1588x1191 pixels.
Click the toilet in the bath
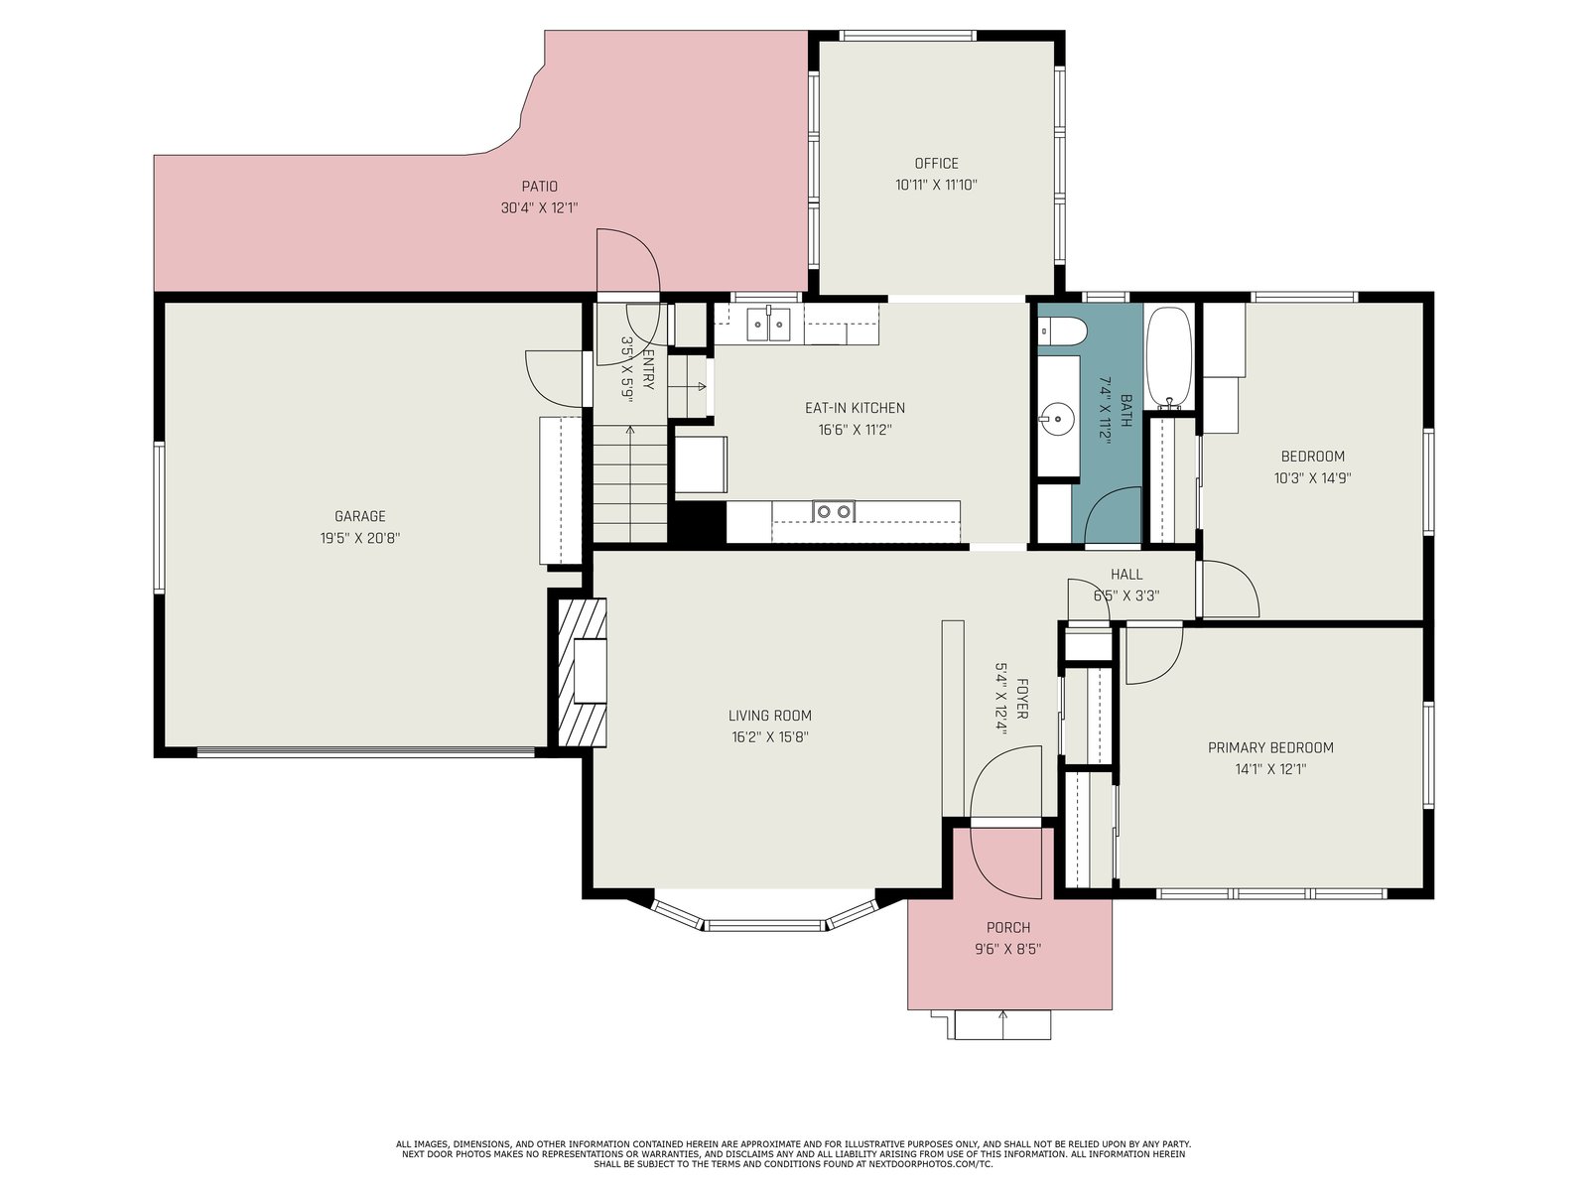1061,332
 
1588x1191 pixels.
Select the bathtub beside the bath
1169,356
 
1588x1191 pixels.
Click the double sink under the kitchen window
768,324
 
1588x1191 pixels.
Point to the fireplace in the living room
583,671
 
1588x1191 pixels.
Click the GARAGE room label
359,516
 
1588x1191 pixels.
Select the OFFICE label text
936,164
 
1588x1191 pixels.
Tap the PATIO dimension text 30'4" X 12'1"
539,208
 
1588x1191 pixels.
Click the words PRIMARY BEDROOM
1270,747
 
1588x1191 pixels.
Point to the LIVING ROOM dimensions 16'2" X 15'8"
770,737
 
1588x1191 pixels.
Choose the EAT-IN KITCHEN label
856,408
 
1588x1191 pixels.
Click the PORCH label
1008,928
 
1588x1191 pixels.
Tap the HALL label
1126,575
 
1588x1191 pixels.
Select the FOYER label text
1021,699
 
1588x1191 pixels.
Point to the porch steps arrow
1002,1024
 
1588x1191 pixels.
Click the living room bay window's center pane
765,925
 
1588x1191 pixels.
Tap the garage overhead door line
366,752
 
